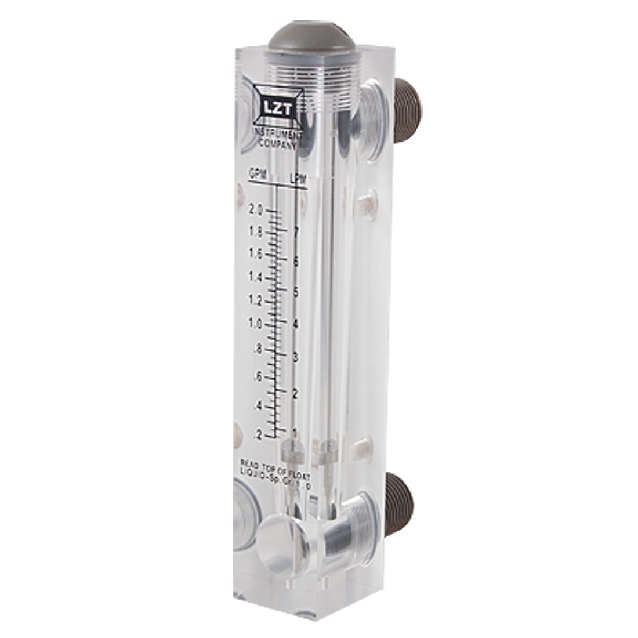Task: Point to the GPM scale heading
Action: [258, 173]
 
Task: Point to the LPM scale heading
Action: [298, 179]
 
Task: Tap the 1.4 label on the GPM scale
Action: [256, 277]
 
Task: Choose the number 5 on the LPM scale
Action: [296, 292]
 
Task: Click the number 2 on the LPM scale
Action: [296, 393]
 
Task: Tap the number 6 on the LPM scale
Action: [296, 262]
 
